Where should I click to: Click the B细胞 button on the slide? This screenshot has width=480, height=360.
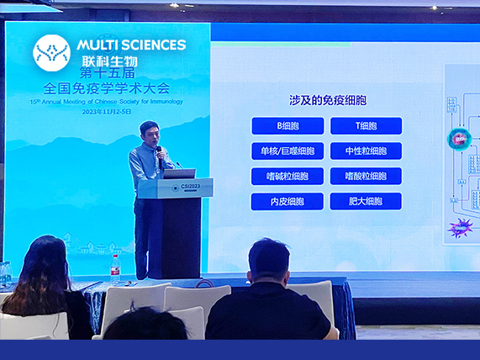(x=287, y=126)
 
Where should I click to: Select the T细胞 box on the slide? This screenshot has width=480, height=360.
(x=366, y=126)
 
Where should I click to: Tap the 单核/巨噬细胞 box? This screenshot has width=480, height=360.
(x=287, y=151)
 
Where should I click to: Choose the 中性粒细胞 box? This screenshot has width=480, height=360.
(x=366, y=151)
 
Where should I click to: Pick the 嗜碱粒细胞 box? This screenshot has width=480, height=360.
(x=287, y=177)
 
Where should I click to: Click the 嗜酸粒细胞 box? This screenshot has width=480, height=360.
(x=366, y=177)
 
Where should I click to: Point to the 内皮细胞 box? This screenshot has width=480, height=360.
(x=287, y=201)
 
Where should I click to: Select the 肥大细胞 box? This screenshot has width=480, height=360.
(x=366, y=201)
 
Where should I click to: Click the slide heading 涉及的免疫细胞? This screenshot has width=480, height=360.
(x=327, y=100)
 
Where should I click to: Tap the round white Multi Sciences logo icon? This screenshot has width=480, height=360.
(x=51, y=52)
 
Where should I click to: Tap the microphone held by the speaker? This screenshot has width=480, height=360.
(x=159, y=151)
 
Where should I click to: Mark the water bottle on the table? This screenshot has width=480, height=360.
(x=115, y=267)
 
